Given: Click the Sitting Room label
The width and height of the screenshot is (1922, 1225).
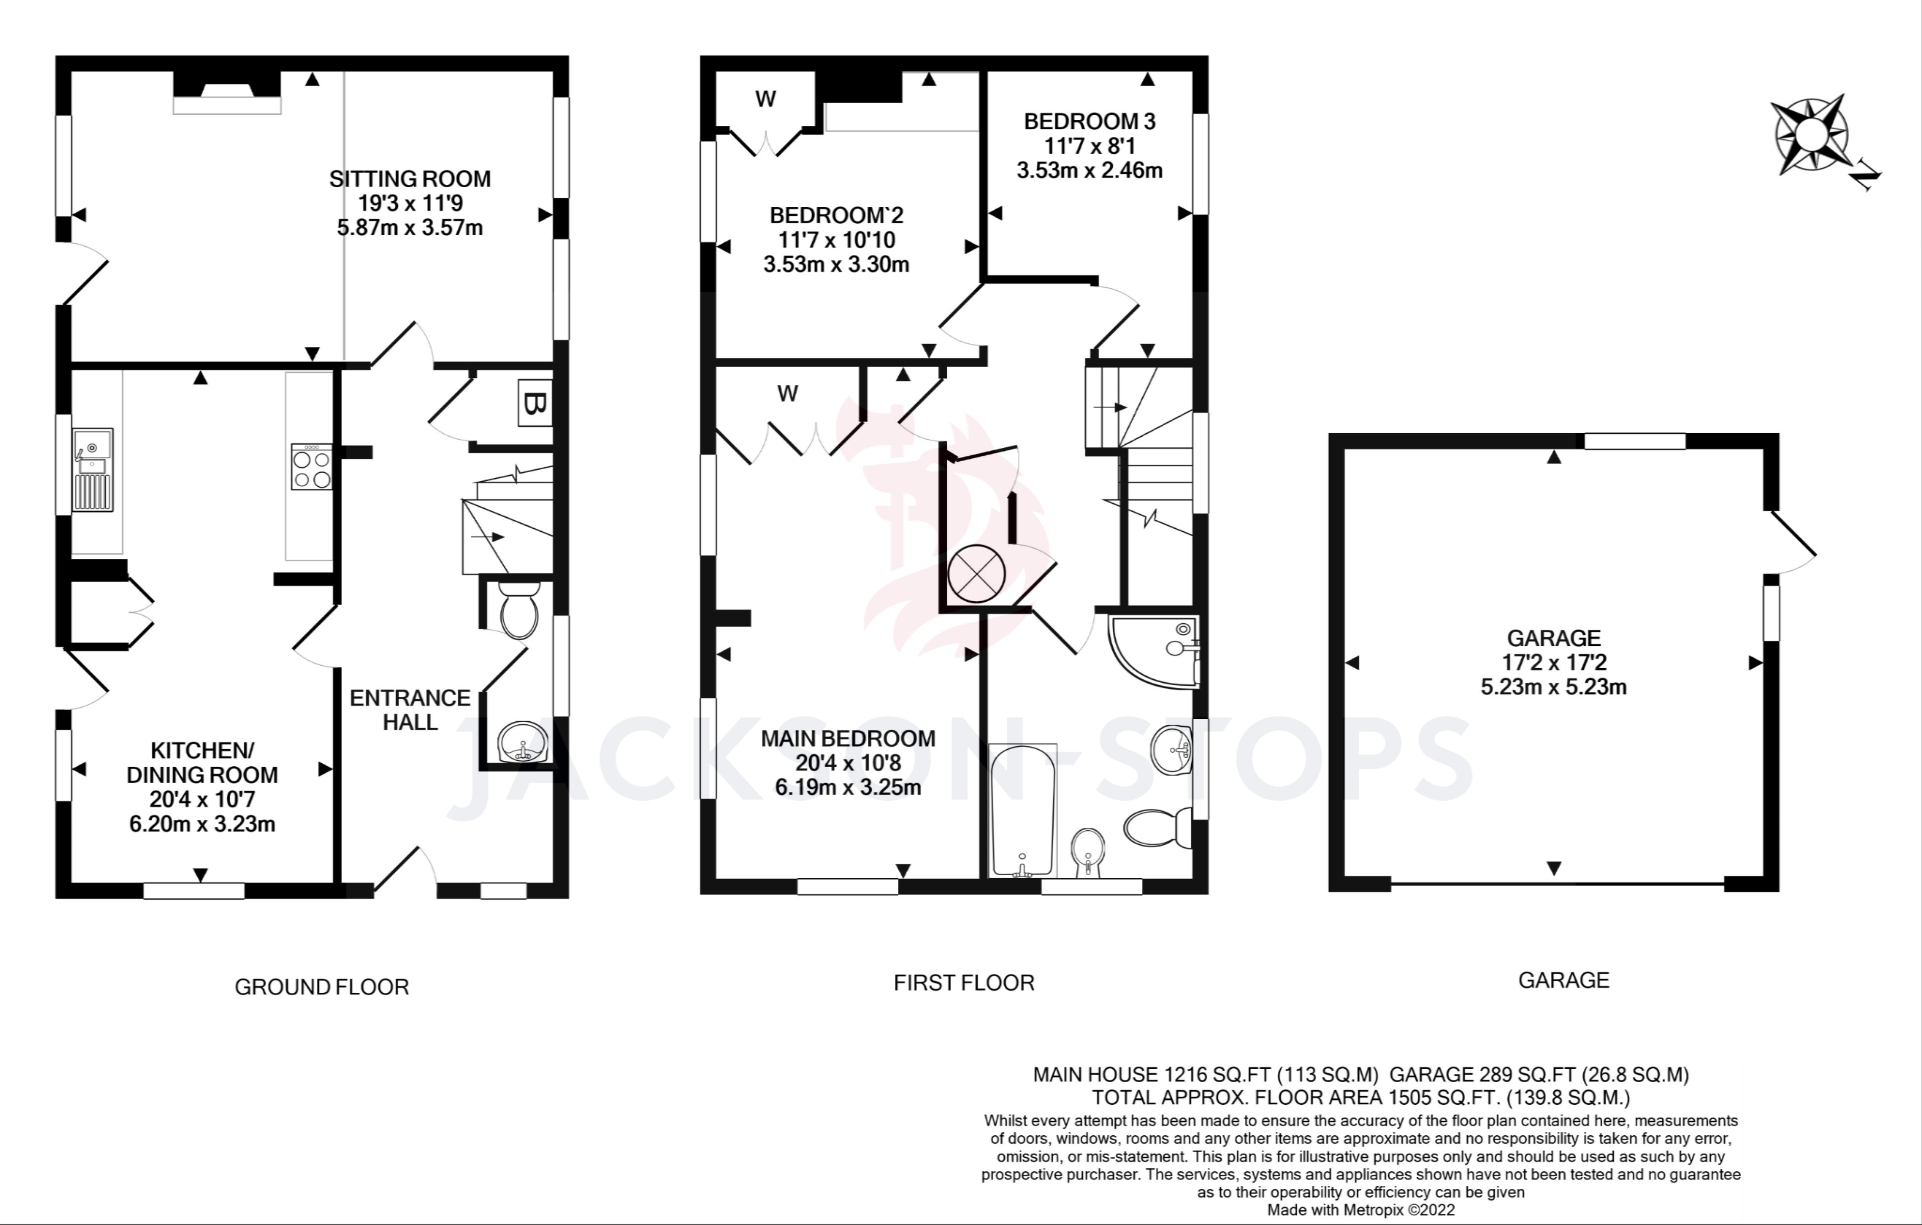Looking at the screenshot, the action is [410, 179].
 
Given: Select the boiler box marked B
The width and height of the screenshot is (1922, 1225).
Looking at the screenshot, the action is [535, 404].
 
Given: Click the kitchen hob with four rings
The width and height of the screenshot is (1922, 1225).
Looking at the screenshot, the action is [311, 467].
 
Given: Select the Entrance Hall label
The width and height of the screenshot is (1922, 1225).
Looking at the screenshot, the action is [410, 710].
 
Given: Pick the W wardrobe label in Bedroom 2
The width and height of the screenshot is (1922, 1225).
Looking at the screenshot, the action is [765, 99].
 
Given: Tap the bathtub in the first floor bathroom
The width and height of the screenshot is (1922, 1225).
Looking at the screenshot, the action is [1023, 810].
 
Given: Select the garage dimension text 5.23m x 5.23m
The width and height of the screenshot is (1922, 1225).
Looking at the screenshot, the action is [1553, 687].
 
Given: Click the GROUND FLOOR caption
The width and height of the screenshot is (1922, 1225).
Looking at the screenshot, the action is [322, 987].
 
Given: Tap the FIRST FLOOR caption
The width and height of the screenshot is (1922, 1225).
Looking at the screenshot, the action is [963, 983].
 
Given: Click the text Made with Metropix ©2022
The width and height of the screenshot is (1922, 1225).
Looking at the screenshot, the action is [1361, 1210].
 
